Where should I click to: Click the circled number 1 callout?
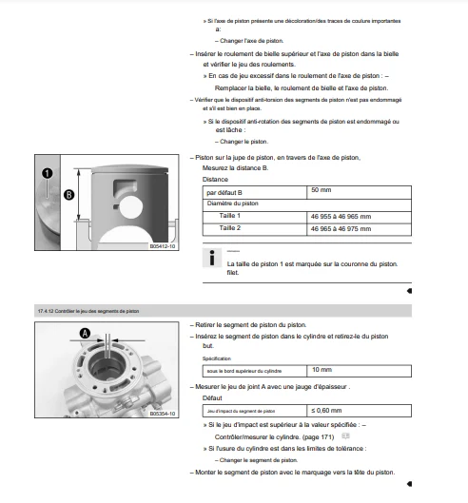48,173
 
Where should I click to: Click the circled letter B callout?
69,195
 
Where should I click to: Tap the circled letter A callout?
85,334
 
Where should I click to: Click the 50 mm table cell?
359,192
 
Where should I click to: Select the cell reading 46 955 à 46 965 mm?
359,218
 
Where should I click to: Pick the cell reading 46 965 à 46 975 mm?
359,230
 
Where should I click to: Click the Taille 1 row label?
230,216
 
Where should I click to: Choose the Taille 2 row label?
230,228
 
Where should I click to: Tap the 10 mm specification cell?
359,371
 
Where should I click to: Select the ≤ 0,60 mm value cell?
359,411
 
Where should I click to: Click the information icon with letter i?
212,258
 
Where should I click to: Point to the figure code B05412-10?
163,246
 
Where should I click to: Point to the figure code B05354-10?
163,414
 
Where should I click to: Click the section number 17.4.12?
46,311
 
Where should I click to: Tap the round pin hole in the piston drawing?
130,207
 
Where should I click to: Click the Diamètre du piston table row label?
233,203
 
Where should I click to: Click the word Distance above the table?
215,180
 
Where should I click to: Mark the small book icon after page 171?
345,435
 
